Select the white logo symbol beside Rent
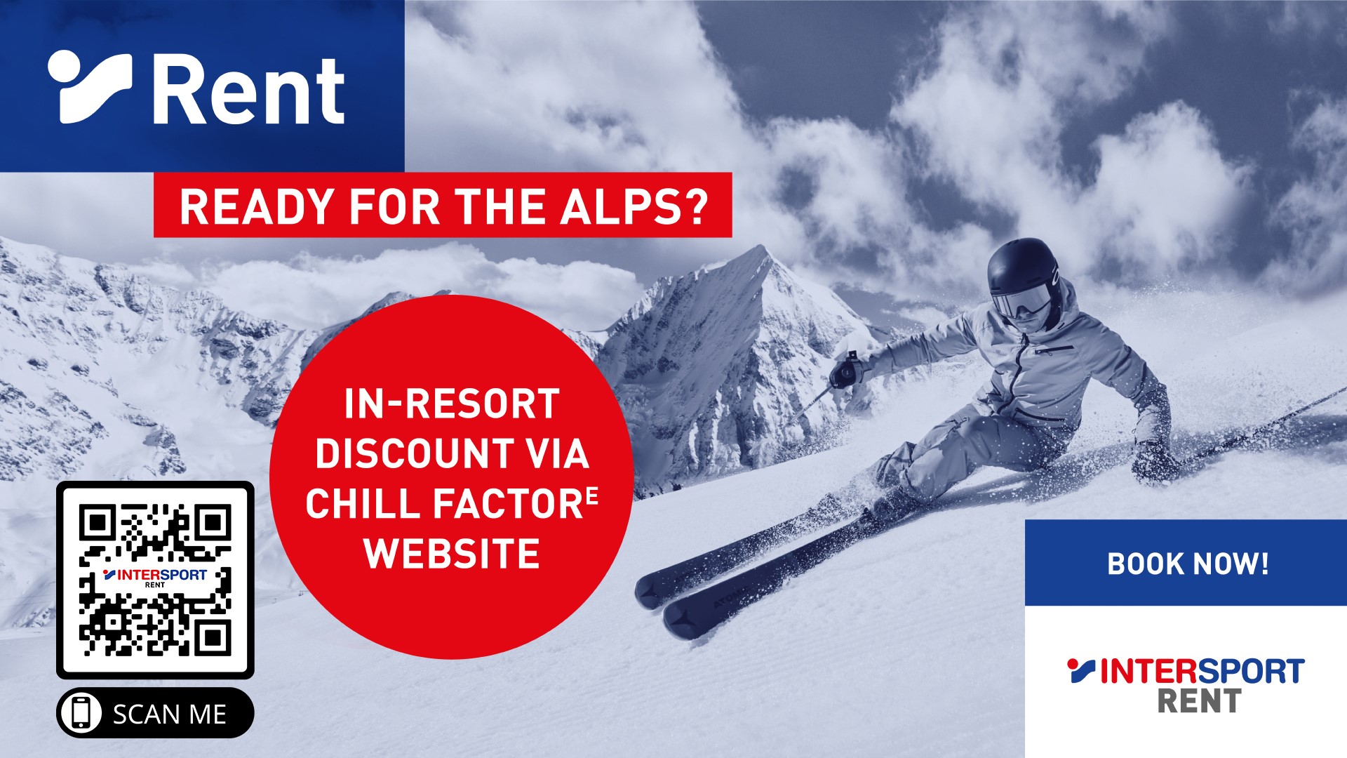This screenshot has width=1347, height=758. [89, 86]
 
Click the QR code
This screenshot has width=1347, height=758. [155, 580]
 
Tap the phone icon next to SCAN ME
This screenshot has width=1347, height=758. [81, 713]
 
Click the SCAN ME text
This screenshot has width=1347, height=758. [170, 714]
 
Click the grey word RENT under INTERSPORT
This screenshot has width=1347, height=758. [1199, 701]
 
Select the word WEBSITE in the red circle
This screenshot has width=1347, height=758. [452, 554]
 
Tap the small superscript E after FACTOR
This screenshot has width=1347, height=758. [592, 496]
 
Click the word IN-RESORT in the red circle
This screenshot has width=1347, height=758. [451, 404]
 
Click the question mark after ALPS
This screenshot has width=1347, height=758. [695, 206]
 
